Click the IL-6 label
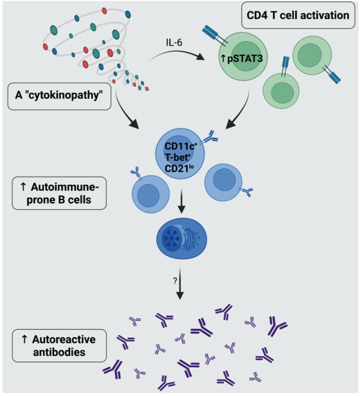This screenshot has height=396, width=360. point(174,42)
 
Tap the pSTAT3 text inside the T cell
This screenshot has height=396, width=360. point(245,58)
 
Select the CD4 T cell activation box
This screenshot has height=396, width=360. point(298,15)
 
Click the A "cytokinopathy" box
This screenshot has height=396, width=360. point(60,96)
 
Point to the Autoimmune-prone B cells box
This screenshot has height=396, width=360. point(60,193)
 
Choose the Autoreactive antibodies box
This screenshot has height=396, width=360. point(60,346)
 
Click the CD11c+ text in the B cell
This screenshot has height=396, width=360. point(180,146)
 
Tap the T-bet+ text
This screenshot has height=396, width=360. point(178,157)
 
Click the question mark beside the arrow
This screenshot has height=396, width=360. point(175,281)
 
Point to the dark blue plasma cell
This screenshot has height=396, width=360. point(182,238)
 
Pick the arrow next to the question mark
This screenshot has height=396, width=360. point(180,284)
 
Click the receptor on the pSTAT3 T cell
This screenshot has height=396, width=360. point(215,36)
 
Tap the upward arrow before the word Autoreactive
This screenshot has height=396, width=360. point(24,339)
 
